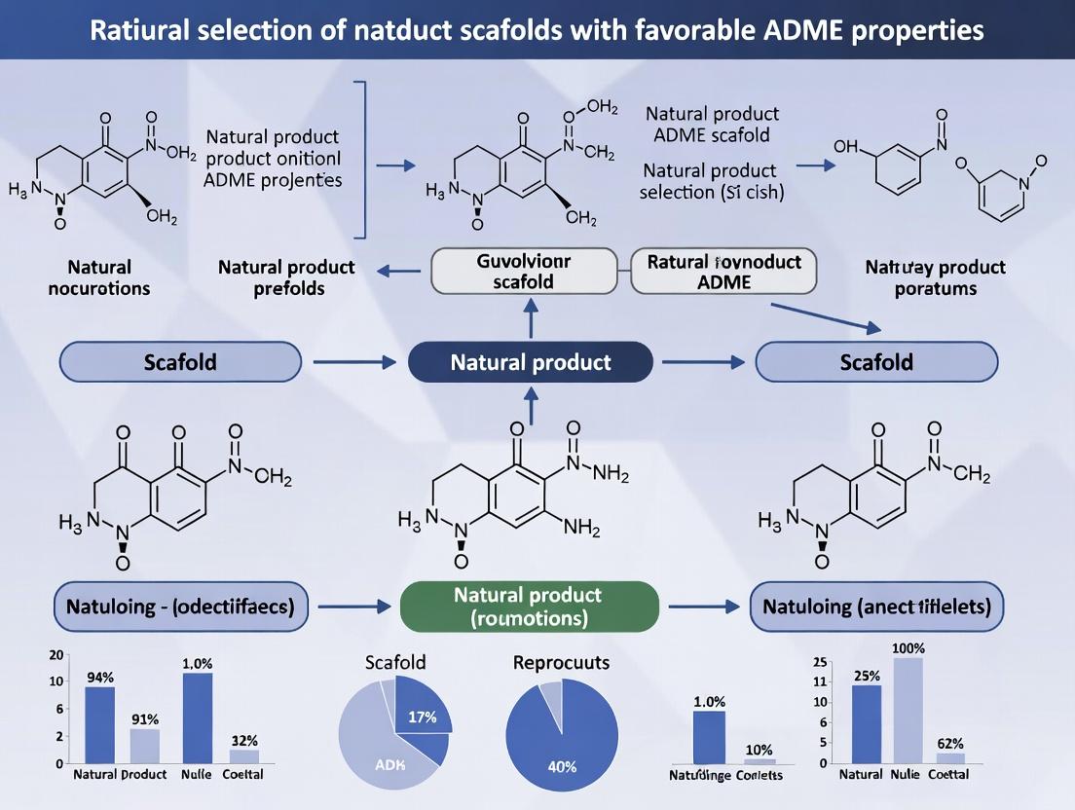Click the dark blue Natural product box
coord(531,362)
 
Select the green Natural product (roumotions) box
coord(530,607)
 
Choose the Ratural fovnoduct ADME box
coord(723,271)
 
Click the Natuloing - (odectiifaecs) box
coord(180,607)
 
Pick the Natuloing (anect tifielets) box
coord(876,607)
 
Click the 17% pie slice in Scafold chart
coord(422,718)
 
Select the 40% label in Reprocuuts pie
coord(562,766)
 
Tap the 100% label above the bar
coord(908,647)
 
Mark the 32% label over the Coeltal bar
coord(243,740)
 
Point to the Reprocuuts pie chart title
coord(561,663)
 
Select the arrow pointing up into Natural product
coord(530,403)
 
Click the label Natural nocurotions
coord(99,277)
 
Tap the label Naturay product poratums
coord(935,277)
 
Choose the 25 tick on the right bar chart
coord(820,663)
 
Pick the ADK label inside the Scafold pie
coord(389,763)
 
